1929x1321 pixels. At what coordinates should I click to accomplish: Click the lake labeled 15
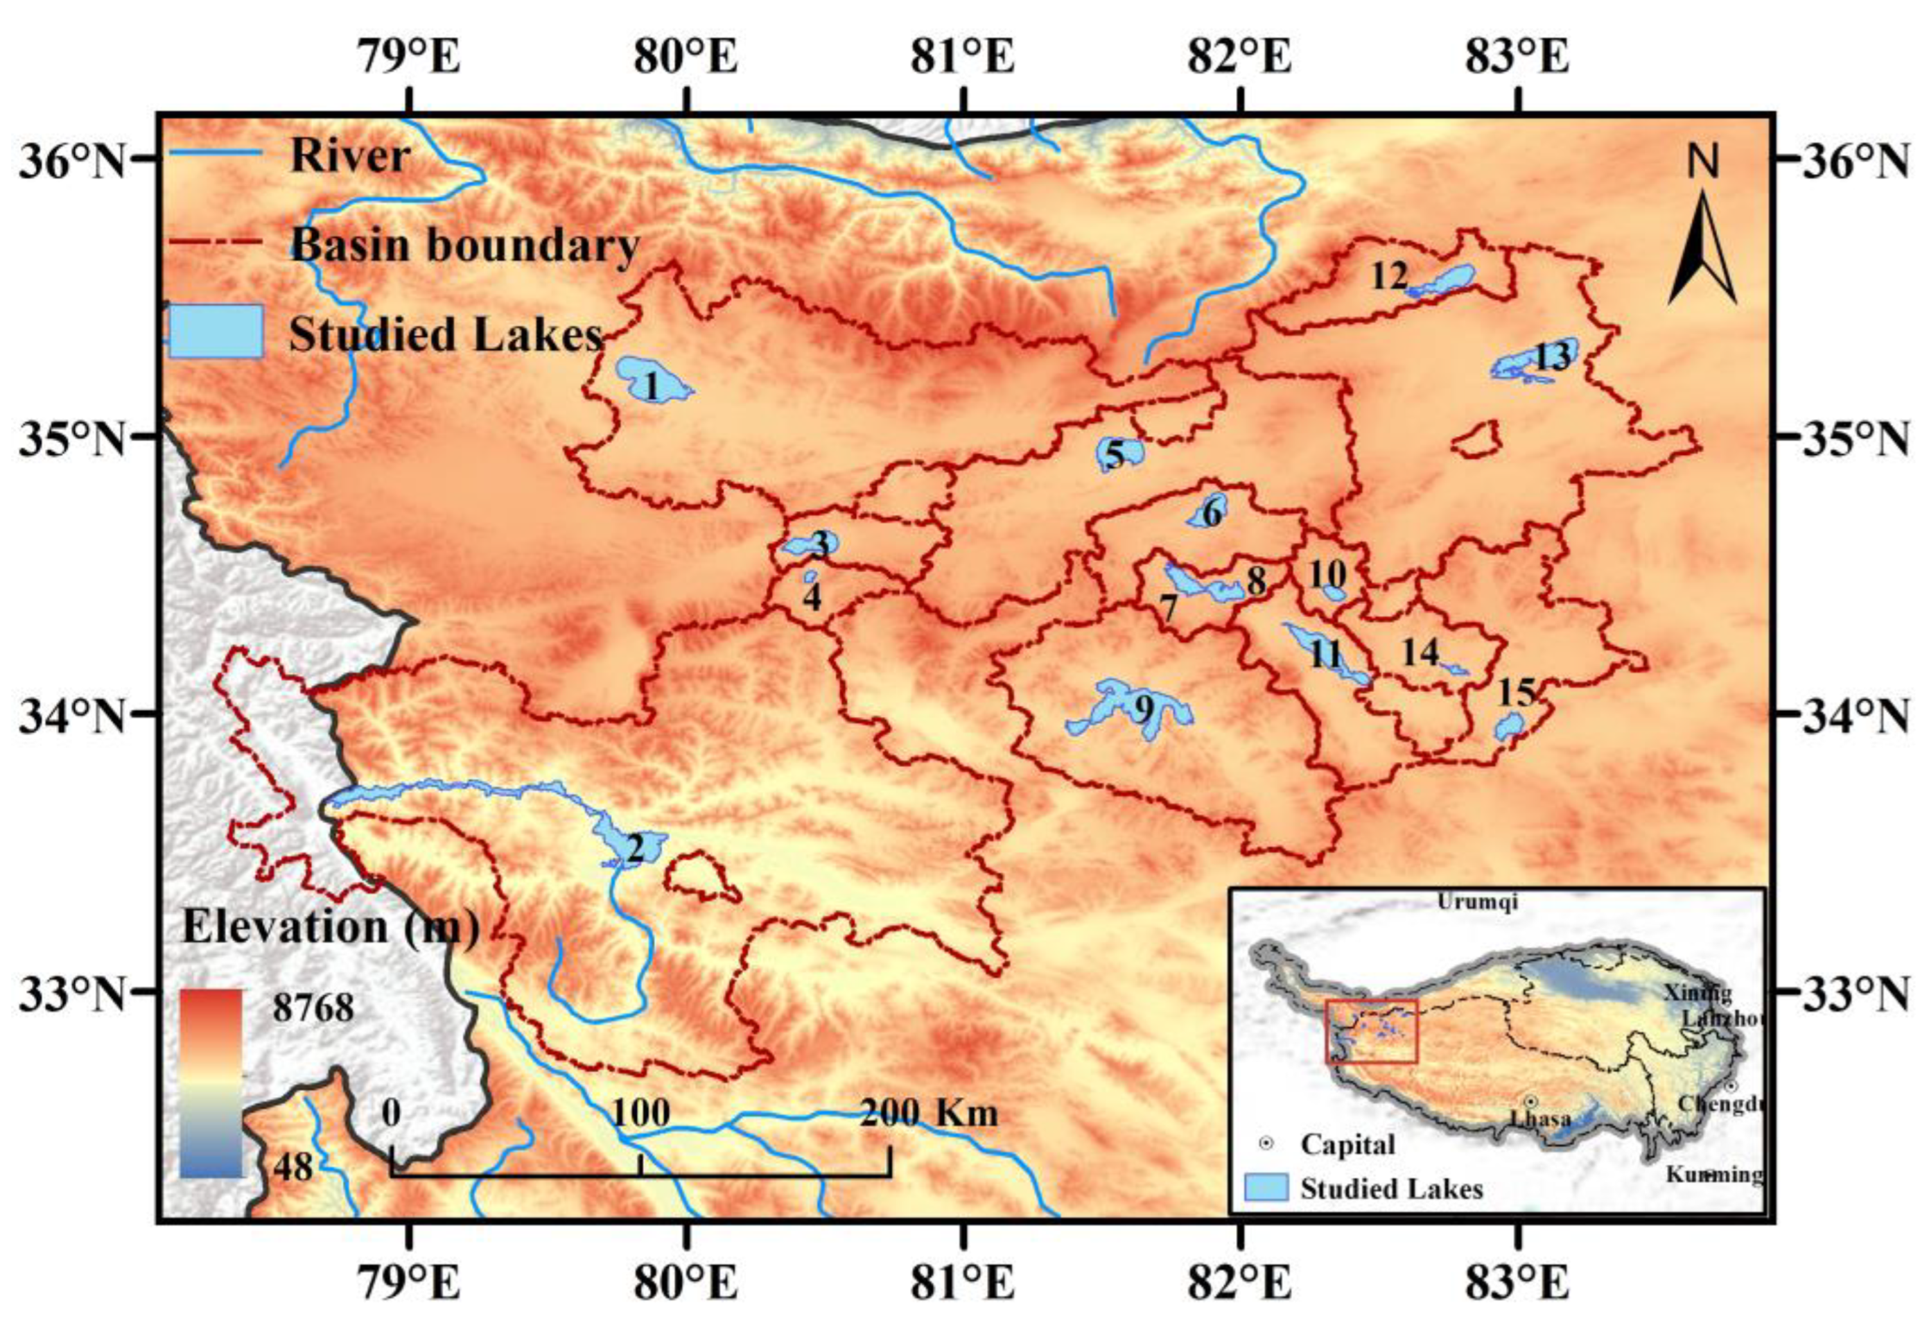pos(1505,727)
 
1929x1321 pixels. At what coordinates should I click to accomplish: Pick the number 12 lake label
pos(1388,277)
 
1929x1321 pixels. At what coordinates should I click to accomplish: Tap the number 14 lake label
pos(1420,652)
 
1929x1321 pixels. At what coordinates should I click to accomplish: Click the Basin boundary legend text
pos(465,245)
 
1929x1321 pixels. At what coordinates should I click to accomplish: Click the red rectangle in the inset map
pos(1371,1031)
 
